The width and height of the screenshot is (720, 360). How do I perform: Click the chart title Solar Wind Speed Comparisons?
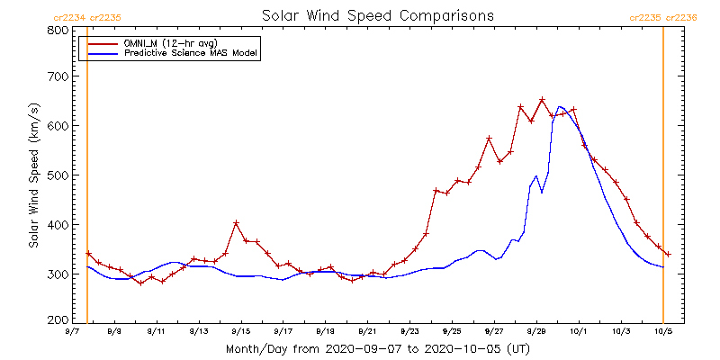click(x=377, y=16)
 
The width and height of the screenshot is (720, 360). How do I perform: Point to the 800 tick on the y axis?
click(x=57, y=30)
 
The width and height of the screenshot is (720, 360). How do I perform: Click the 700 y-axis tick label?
click(x=57, y=77)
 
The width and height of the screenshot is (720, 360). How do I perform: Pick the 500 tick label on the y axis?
click(x=57, y=175)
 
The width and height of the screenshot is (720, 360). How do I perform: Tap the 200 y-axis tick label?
click(x=57, y=320)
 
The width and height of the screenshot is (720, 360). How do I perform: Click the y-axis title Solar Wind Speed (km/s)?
click(x=33, y=175)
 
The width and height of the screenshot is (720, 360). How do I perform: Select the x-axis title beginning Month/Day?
click(x=377, y=348)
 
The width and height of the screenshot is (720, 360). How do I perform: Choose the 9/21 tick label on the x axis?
click(x=367, y=331)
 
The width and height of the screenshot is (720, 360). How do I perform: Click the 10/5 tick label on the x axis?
click(x=664, y=331)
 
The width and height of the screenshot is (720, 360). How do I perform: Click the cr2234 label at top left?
click(x=69, y=16)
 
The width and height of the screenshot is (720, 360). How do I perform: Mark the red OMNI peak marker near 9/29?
click(x=542, y=100)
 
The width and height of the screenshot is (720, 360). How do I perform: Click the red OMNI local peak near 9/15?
click(x=236, y=222)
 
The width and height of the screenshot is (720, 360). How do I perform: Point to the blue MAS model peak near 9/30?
click(x=560, y=107)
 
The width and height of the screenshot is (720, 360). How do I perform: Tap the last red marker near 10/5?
click(x=667, y=254)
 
